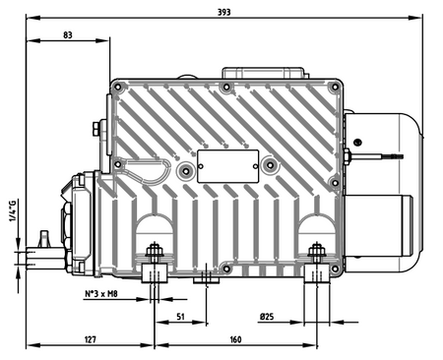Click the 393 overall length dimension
[224, 12]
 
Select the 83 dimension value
[68, 35]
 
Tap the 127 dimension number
[90, 339]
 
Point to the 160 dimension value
[235, 339]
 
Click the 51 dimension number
[180, 317]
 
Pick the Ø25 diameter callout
[267, 317]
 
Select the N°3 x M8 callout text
[101, 294]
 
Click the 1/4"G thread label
[12, 210]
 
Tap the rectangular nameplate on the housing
[228, 166]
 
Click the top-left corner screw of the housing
[117, 88]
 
